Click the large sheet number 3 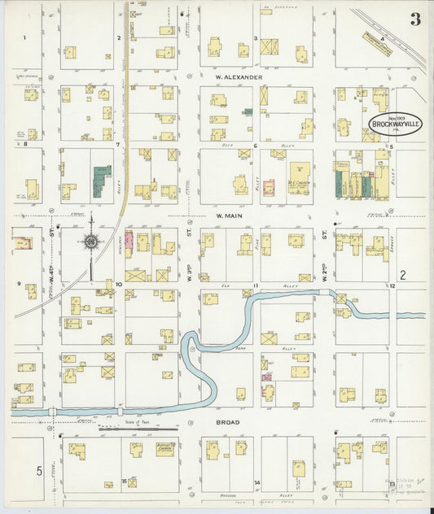click(x=415, y=20)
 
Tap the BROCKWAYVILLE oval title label click(x=395, y=124)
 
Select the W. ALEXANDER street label click(x=239, y=77)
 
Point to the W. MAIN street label click(x=230, y=216)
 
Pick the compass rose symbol click(x=91, y=242)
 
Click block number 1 click(x=24, y=37)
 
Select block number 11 click(x=255, y=285)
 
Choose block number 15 click(x=124, y=481)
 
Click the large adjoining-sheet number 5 click(x=37, y=471)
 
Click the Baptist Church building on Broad click(x=165, y=449)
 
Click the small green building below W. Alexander click(x=248, y=111)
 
